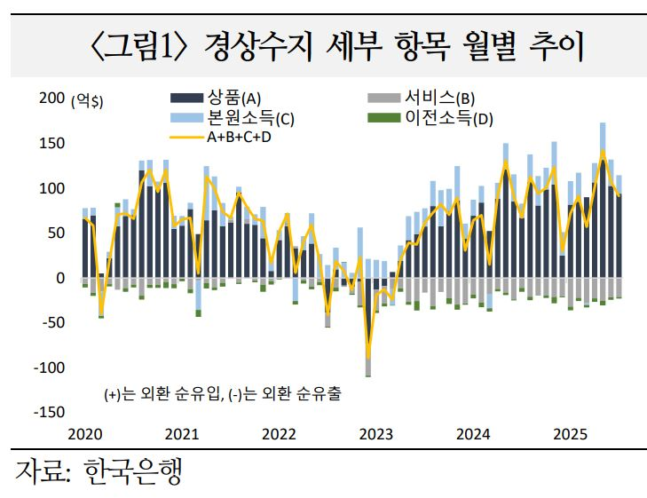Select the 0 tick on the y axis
pos(59,278)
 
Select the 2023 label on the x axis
pos(375,434)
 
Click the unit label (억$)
pos(87,101)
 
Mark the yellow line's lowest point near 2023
pos(368,358)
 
